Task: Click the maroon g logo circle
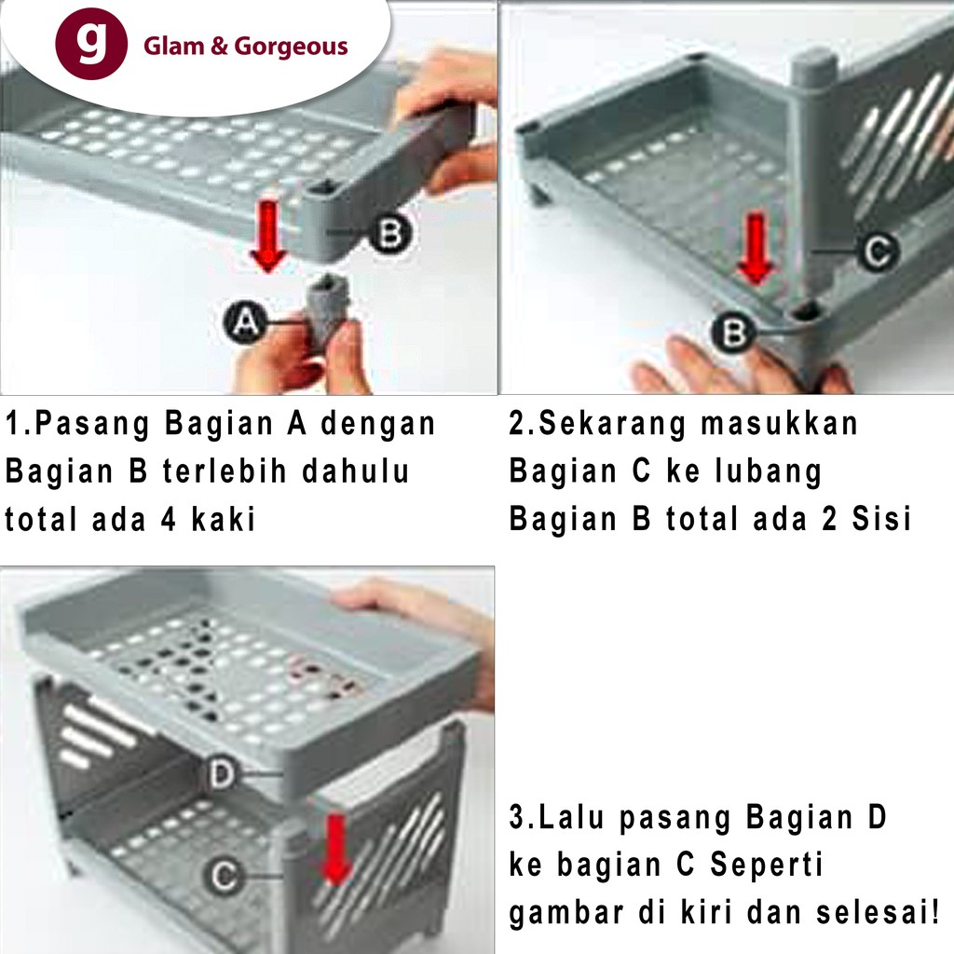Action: tap(91, 44)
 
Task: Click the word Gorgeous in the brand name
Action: tap(291, 47)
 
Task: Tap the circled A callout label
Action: tap(245, 321)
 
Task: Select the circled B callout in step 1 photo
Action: tap(390, 233)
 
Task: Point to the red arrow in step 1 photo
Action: tap(267, 236)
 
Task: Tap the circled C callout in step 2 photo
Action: tap(878, 251)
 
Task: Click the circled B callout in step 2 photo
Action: tap(734, 333)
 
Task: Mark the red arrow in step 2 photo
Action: tap(756, 249)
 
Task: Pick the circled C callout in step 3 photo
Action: tap(224, 876)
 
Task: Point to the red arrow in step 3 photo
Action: tap(335, 851)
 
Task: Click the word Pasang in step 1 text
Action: tap(92, 425)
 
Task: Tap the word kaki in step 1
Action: tap(224, 519)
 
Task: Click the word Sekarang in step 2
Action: tap(613, 425)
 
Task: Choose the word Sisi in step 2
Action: tap(881, 519)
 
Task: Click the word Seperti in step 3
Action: tap(767, 865)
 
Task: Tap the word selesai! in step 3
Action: tap(878, 913)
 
